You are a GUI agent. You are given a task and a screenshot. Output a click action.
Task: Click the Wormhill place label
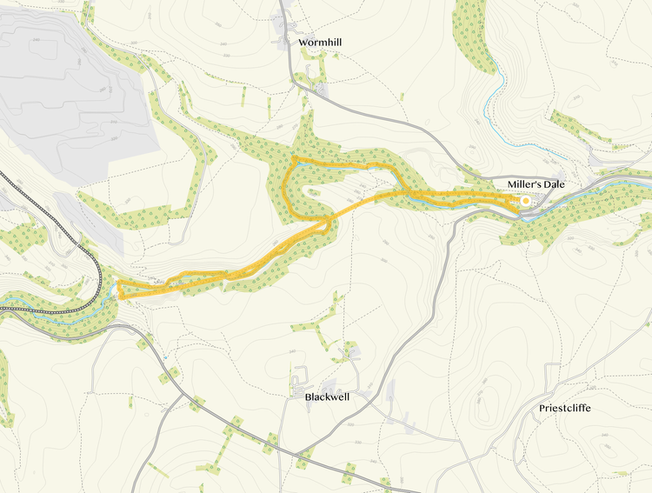(319, 41)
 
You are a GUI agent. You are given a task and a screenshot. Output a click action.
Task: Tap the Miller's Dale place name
(539, 184)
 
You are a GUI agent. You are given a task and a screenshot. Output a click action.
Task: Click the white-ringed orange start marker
(525, 202)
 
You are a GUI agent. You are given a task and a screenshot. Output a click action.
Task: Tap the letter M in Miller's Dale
(513, 184)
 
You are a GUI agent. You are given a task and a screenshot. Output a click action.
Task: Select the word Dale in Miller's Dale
(556, 184)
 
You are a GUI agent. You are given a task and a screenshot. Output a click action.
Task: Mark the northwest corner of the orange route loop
(294, 158)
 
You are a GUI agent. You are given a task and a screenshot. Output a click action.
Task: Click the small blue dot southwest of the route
(163, 357)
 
